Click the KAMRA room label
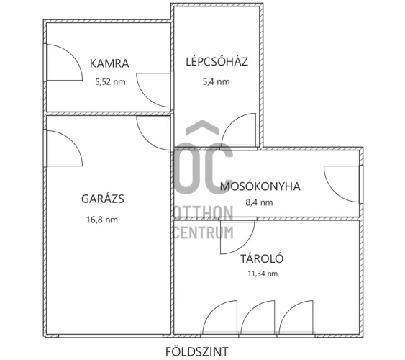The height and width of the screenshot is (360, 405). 109,63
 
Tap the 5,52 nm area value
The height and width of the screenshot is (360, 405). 110,82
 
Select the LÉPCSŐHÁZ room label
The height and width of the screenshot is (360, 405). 217,61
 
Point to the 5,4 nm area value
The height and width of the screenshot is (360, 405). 217,81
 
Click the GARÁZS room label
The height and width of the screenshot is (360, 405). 103,199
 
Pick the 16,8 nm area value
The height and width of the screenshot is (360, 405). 102,220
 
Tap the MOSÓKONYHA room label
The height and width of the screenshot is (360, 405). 260,186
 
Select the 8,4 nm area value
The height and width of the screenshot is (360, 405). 259,202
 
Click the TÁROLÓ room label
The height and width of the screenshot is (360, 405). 262,258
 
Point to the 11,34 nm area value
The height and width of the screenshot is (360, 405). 263,274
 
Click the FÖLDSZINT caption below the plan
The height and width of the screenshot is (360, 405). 197,351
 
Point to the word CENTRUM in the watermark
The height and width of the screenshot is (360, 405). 204,232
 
